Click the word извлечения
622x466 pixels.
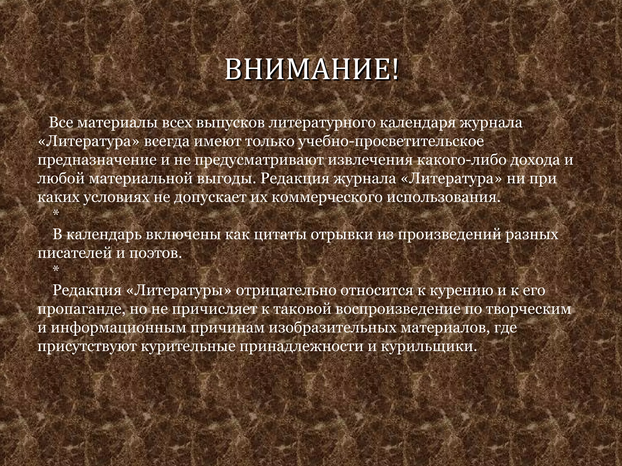pos(371,160)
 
